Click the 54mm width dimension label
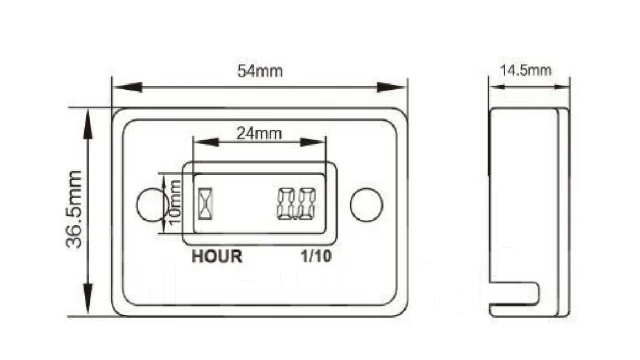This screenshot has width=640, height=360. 260,71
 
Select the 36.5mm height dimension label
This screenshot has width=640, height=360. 74,209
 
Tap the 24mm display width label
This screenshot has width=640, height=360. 259,133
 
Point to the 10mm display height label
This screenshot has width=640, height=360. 174,202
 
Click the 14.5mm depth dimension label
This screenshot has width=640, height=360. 526,70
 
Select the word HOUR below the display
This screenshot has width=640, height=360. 217,256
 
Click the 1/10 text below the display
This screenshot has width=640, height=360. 316,256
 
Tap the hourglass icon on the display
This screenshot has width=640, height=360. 205,203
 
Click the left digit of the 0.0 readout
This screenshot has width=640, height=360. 286,204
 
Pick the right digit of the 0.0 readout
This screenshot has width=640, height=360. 307,204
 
